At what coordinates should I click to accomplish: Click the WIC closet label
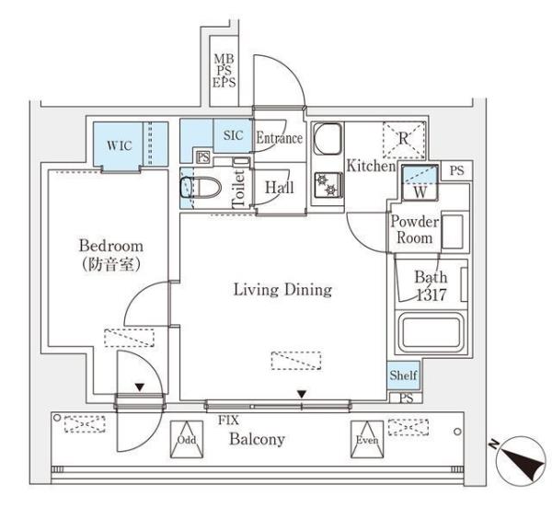click(119, 145)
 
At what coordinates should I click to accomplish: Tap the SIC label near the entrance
click(232, 135)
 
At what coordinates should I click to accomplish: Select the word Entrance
click(279, 139)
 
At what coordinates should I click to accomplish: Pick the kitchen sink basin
click(327, 142)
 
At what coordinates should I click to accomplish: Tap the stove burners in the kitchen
click(327, 184)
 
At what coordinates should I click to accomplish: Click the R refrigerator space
click(404, 139)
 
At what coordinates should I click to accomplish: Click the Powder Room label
click(414, 229)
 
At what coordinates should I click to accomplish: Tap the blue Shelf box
click(402, 375)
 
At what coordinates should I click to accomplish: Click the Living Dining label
click(282, 290)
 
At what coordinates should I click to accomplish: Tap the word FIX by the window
click(228, 420)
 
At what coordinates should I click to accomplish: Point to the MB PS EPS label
click(224, 71)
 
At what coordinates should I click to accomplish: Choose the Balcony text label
click(258, 439)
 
